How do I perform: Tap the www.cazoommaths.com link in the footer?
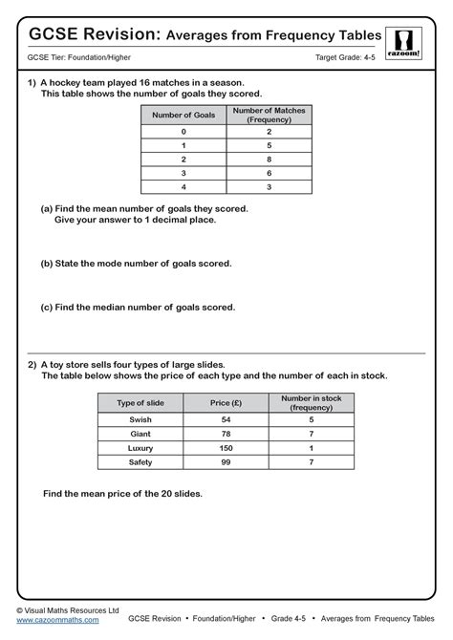click(57, 620)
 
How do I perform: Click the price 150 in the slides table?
click(226, 448)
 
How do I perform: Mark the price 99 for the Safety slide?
click(226, 462)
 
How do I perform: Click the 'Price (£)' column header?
click(226, 403)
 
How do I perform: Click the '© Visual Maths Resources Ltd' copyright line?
click(67, 608)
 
